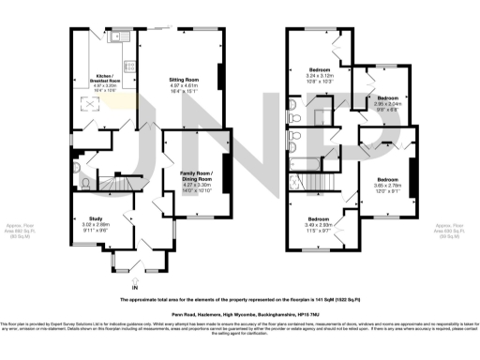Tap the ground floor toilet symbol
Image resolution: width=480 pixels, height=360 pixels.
pos(85,182)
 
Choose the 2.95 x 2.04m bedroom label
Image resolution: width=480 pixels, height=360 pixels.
pos(387,103)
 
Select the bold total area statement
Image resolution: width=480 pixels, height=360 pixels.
pos(240,299)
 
